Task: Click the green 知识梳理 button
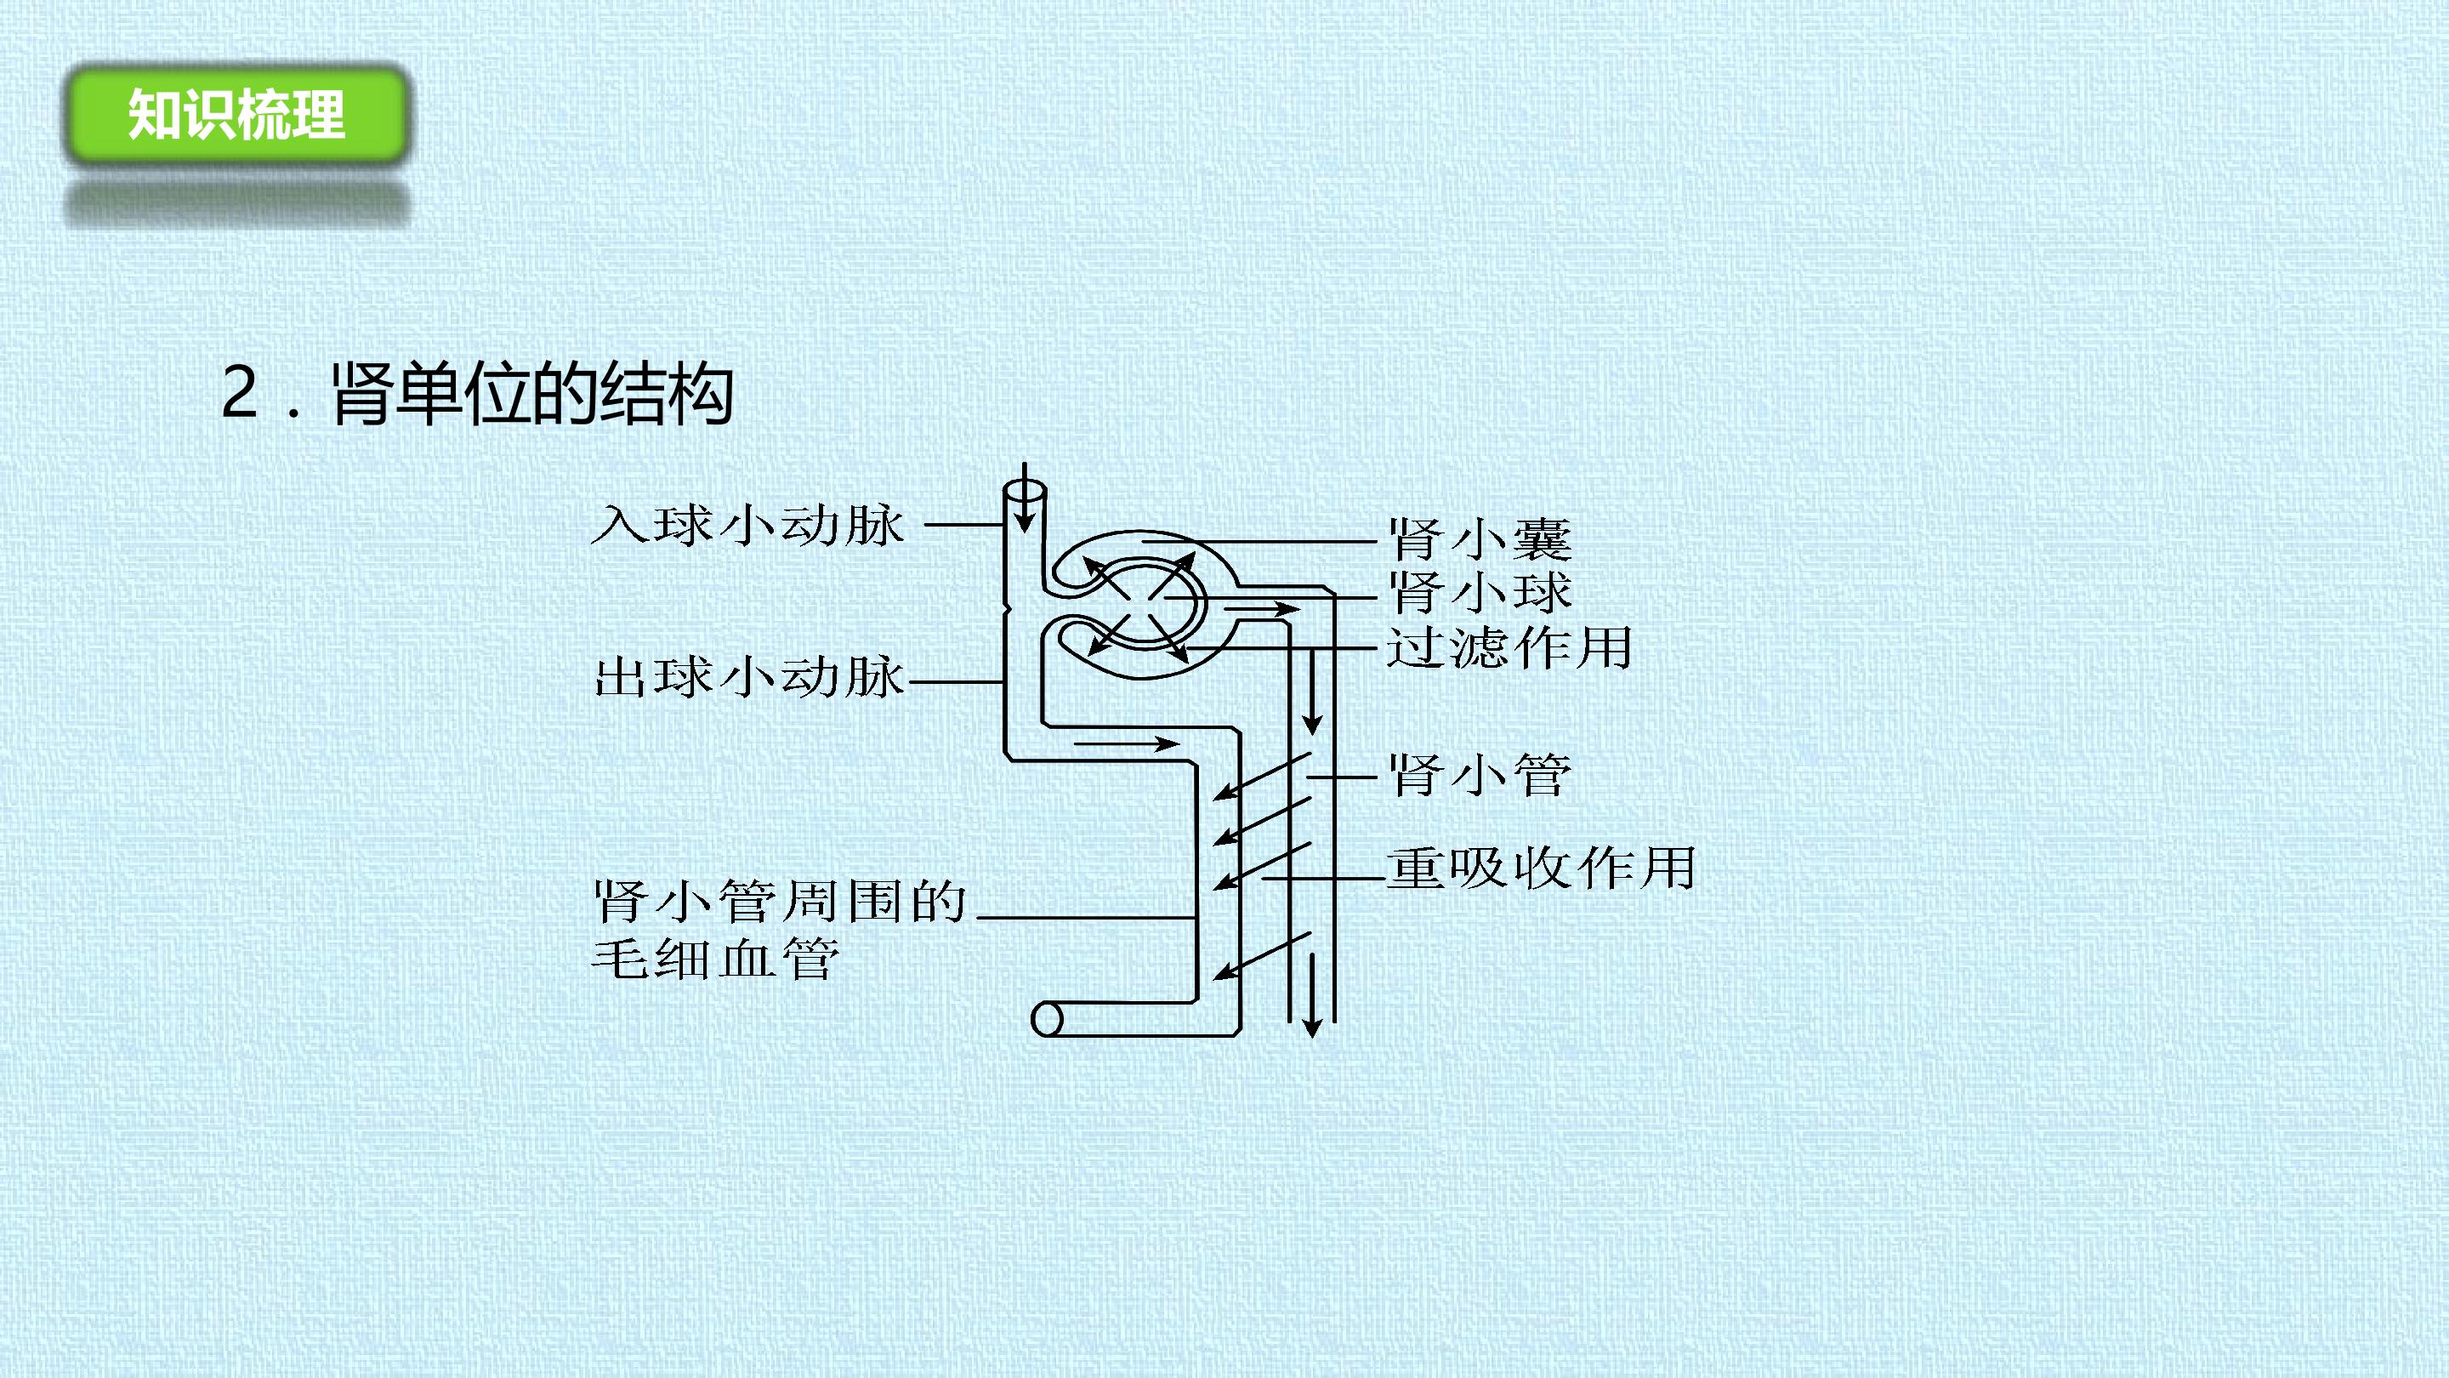(x=236, y=114)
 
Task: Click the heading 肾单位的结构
(x=532, y=393)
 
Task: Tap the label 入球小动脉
(x=747, y=525)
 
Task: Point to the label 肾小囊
(x=1480, y=538)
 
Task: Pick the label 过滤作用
(x=1509, y=647)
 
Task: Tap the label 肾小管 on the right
(x=1480, y=775)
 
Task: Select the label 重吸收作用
(x=1541, y=868)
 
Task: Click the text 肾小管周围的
(x=780, y=901)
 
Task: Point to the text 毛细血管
(x=716, y=958)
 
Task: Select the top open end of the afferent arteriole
(x=1025, y=494)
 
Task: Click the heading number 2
(x=240, y=393)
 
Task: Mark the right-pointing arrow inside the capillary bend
(x=1127, y=743)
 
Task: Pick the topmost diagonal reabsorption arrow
(x=1263, y=777)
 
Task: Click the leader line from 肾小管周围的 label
(x=1086, y=918)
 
